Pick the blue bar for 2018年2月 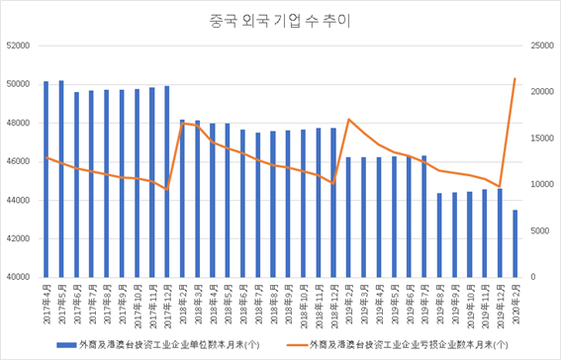click(x=182, y=199)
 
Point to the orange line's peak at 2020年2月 click(x=515, y=79)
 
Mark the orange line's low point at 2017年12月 click(x=167, y=190)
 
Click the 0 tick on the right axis click(x=534, y=278)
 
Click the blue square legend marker click(x=61, y=344)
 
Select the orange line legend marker click(x=295, y=344)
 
